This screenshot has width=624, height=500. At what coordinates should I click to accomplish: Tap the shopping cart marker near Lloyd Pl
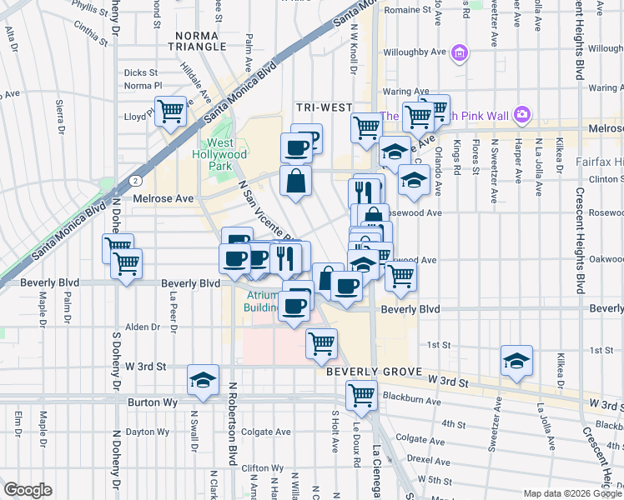tap(171, 110)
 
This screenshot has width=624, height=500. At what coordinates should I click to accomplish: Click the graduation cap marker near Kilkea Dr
tap(517, 361)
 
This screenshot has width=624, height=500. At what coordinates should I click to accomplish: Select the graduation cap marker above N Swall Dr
tap(203, 379)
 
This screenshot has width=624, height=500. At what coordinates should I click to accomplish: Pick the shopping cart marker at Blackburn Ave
tap(361, 394)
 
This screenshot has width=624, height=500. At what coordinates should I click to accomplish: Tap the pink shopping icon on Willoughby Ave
tap(458, 53)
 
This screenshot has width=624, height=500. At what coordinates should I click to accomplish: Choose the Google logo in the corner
tap(28, 490)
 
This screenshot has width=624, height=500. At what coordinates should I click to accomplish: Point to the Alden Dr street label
tap(142, 327)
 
